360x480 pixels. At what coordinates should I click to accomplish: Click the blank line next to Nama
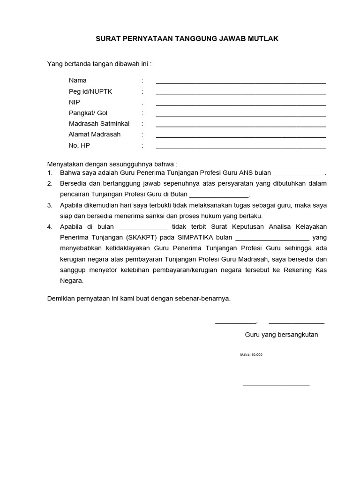(240, 82)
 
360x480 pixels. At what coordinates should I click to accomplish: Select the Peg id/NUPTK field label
(91, 91)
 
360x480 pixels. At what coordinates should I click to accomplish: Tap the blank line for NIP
(240, 105)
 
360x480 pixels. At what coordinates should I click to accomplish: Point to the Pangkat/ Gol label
(88, 113)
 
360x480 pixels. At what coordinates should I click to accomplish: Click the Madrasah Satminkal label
(99, 124)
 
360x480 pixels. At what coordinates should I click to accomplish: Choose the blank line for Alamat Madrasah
(240, 137)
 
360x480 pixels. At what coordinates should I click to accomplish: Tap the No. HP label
(79, 146)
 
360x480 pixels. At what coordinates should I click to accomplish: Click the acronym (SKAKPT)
(143, 238)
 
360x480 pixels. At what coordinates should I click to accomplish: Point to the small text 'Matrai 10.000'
(251, 355)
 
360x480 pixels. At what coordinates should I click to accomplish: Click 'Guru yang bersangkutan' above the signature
(281, 335)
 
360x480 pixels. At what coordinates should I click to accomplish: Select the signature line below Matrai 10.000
(276, 385)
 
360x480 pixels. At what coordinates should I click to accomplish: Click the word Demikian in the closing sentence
(61, 298)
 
